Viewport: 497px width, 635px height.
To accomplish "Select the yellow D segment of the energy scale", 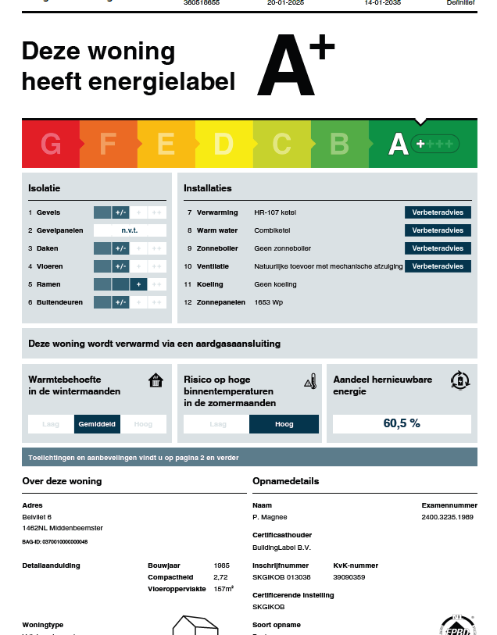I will pos(223,144).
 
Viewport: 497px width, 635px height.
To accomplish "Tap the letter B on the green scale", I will pos(339,144).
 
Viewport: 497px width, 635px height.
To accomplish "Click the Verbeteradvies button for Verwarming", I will pos(438,212).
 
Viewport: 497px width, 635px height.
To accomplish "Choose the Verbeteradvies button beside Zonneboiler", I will pos(438,248).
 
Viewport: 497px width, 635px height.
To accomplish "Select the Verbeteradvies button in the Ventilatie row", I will pos(438,266).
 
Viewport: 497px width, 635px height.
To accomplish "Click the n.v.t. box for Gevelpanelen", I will pos(130,230).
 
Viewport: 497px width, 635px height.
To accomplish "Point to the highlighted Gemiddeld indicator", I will pos(97,424).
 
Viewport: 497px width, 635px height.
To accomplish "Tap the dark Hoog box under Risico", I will pos(284,424).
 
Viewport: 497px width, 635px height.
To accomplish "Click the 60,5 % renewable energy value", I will pos(402,423).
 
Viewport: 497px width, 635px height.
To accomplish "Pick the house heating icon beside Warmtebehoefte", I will pos(156,380).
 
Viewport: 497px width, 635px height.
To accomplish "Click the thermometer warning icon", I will pos(310,381).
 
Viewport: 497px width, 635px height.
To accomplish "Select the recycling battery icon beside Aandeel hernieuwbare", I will pos(460,380).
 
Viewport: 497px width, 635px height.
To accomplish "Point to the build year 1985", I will pos(222,565).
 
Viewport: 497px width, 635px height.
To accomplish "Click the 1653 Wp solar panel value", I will pos(270,302).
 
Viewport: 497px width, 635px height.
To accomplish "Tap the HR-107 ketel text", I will pos(275,212).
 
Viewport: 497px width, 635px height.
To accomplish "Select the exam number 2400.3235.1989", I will pos(448,517).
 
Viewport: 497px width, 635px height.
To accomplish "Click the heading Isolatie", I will pos(45,188).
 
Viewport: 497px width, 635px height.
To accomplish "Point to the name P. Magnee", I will pos(270,517).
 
